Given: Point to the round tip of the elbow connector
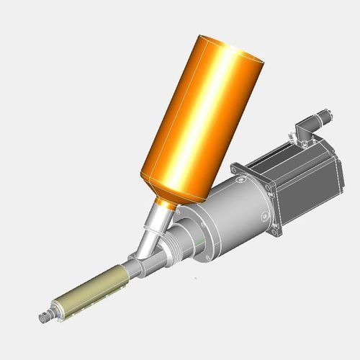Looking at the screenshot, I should point(327,113).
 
